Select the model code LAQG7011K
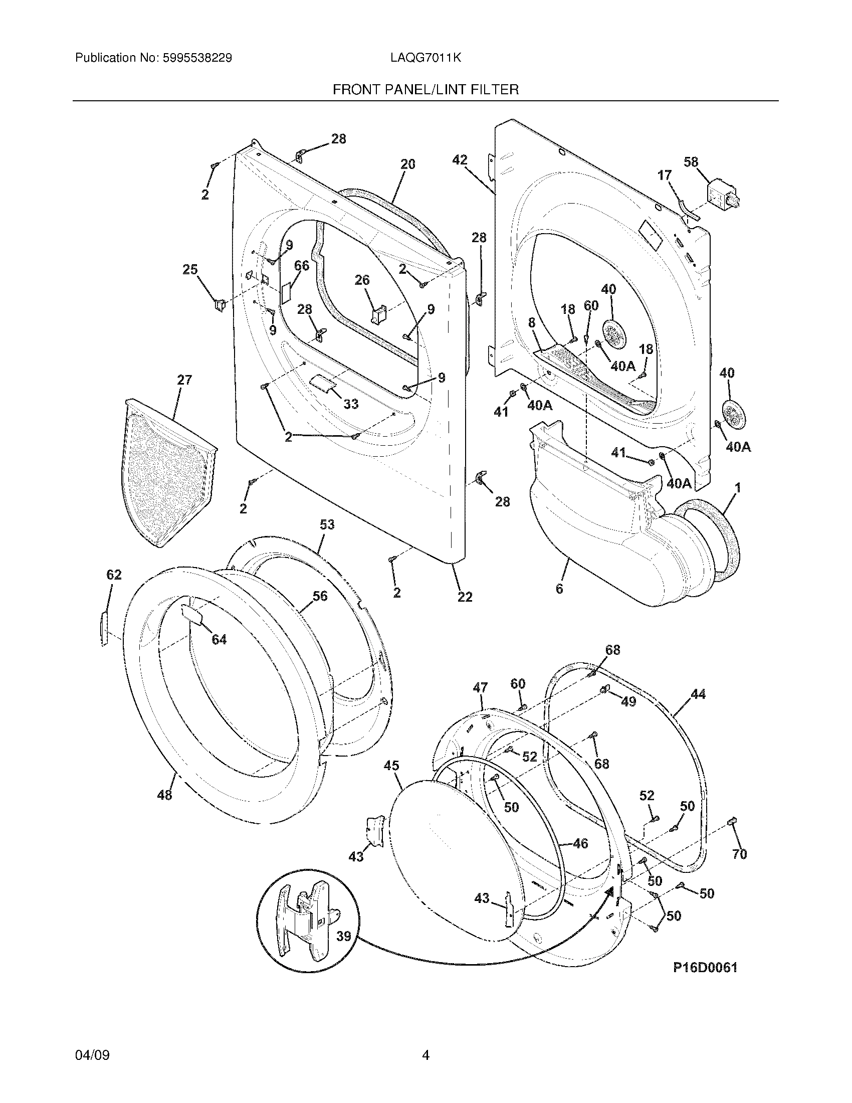click(425, 58)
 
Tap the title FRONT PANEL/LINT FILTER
click(425, 90)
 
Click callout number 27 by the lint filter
click(184, 380)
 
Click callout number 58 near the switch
click(691, 162)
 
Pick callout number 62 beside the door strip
click(114, 575)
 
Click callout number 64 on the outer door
click(219, 640)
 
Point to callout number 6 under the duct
click(559, 589)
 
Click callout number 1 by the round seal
click(737, 488)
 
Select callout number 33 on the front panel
click(351, 404)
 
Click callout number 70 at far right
click(739, 854)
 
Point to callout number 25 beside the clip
click(190, 270)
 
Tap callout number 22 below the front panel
click(465, 597)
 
